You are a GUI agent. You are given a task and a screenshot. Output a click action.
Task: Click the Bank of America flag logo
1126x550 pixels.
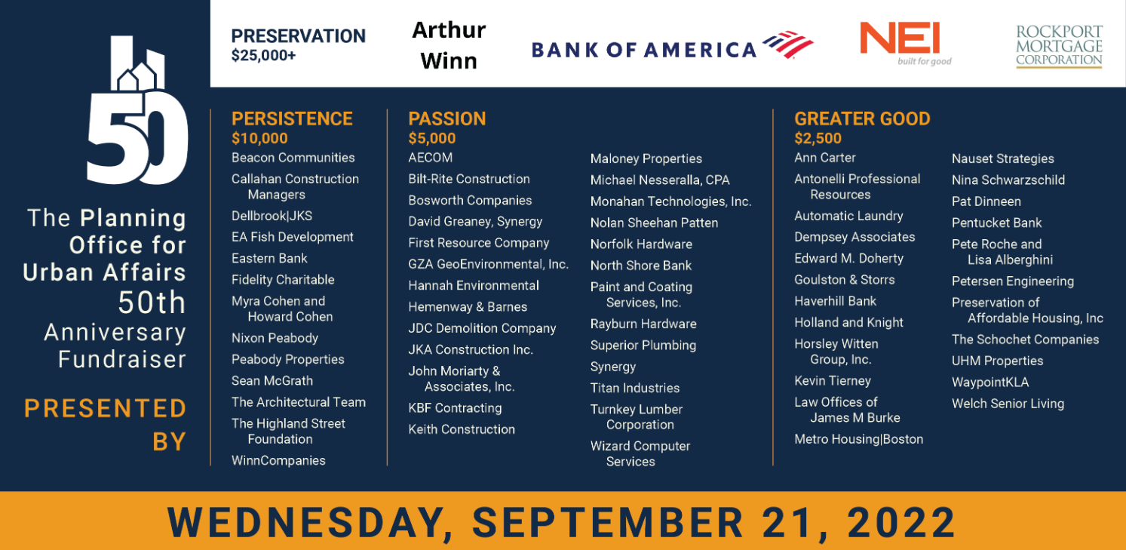click(x=787, y=45)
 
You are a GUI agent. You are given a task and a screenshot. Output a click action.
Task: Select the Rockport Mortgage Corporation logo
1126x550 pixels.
click(x=1059, y=46)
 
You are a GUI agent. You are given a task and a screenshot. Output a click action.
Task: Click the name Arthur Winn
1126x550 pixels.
click(x=449, y=45)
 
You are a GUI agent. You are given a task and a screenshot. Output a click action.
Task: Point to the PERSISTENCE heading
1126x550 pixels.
click(x=292, y=118)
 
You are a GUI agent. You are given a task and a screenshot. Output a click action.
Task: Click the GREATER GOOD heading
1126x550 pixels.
click(x=862, y=118)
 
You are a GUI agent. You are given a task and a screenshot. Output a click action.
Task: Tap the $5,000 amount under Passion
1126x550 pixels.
click(x=432, y=138)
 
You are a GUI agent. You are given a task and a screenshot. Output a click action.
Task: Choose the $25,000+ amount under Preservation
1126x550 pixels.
click(x=263, y=55)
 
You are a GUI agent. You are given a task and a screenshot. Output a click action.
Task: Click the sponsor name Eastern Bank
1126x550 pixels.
click(x=269, y=259)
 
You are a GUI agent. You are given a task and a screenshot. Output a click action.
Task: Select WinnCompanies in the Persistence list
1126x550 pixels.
click(x=278, y=460)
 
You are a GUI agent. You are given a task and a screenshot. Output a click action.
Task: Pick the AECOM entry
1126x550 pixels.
click(x=431, y=158)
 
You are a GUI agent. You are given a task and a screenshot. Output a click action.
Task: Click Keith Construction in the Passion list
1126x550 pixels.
click(x=462, y=429)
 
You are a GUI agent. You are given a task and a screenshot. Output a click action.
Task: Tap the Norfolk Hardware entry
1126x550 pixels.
click(x=641, y=244)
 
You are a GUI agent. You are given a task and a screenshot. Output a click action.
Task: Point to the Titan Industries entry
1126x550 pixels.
click(x=635, y=388)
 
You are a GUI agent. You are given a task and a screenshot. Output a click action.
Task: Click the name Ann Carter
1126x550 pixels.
click(x=825, y=158)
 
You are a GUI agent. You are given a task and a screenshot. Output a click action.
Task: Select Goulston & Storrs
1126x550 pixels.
click(x=845, y=280)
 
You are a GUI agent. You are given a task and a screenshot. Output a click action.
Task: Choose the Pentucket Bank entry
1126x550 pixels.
click(x=996, y=223)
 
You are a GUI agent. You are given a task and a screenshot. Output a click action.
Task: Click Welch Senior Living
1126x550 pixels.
click(x=1008, y=404)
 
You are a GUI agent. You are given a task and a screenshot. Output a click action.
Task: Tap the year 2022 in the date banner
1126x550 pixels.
click(x=901, y=523)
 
